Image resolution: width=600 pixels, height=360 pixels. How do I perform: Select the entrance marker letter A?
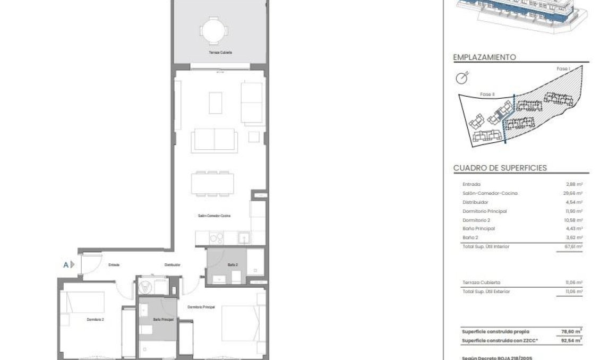(x=66, y=264)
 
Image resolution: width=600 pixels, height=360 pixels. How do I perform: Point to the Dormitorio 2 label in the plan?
(x=95, y=319)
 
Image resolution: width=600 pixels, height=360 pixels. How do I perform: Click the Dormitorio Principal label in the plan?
(x=201, y=307)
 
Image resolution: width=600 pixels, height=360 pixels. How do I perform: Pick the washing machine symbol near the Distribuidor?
(x=145, y=287)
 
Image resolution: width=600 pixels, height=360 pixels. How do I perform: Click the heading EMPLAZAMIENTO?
(x=484, y=57)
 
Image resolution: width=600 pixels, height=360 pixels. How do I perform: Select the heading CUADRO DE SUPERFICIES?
(x=500, y=168)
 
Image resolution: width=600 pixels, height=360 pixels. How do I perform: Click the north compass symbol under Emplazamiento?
(x=464, y=78)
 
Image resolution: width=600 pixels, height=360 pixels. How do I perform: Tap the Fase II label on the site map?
(x=487, y=94)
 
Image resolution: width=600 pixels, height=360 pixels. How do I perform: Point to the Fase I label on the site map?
(x=563, y=69)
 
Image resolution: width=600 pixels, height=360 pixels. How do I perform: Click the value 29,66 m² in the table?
(x=574, y=193)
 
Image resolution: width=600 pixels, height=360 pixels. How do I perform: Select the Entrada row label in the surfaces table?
(x=472, y=184)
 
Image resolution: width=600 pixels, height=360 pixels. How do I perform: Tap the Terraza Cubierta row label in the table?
(x=481, y=282)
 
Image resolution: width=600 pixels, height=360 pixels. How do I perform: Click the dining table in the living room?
(x=212, y=184)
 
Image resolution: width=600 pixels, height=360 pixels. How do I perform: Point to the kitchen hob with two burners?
(x=217, y=238)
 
